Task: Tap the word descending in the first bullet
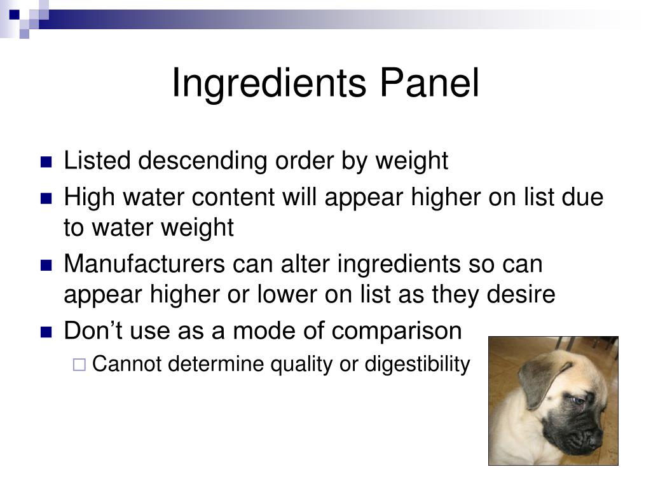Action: pos(204,161)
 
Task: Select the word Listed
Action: pos(98,161)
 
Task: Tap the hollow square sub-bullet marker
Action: pos(79,365)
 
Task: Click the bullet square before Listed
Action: pos(46,162)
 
